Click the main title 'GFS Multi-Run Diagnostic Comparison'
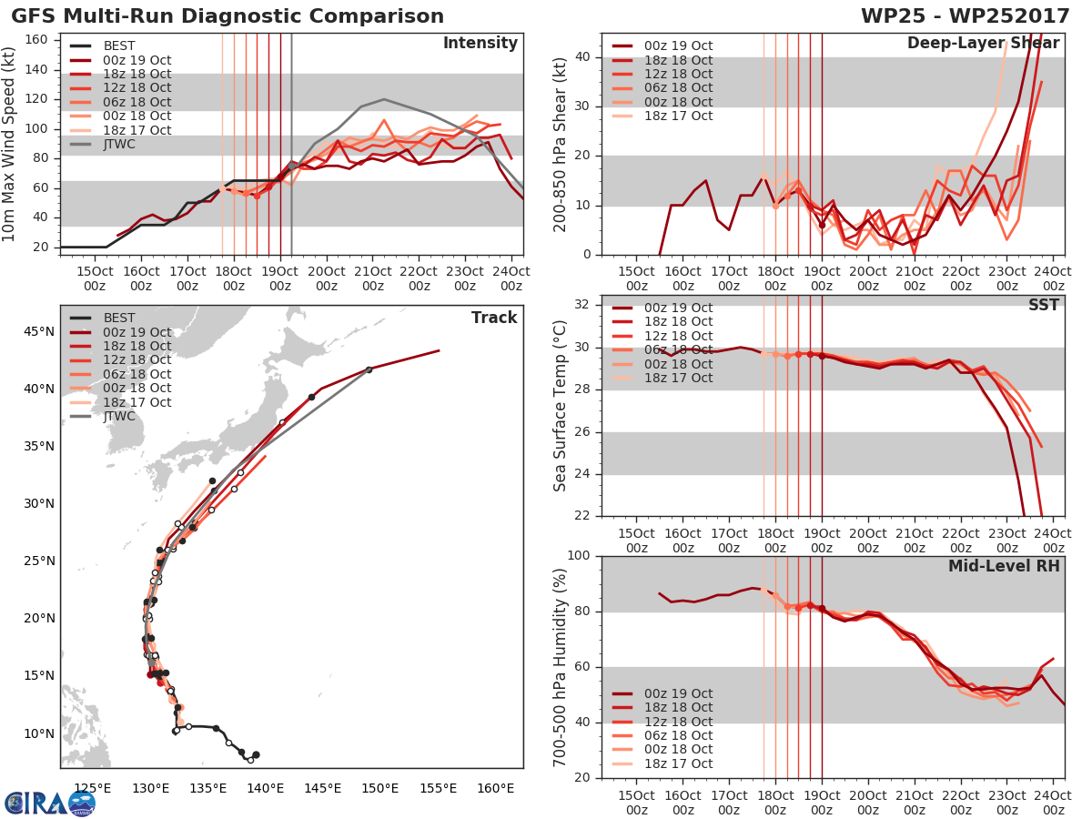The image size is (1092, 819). (x=227, y=16)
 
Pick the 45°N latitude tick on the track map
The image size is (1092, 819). (x=37, y=331)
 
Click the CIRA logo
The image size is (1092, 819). (x=49, y=803)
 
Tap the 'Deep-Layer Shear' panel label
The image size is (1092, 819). (x=983, y=44)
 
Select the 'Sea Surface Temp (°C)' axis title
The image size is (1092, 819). (x=561, y=406)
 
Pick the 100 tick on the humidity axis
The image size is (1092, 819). (x=580, y=556)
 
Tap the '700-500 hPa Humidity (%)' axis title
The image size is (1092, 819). (x=561, y=667)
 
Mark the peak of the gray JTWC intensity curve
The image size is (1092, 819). (x=384, y=99)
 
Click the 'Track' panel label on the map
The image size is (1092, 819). (x=493, y=318)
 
